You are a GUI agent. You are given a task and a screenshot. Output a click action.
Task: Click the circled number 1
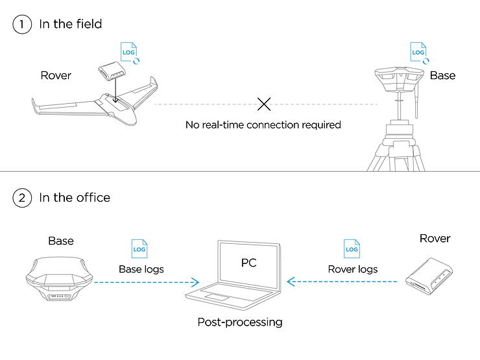tap(22, 24)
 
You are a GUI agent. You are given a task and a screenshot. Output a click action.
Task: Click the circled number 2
tap(22, 198)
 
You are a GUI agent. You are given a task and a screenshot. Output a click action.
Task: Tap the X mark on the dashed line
tap(264, 104)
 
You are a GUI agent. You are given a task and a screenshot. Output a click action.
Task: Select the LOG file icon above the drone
tap(129, 52)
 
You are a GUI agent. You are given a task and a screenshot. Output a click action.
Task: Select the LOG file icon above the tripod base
tap(418, 52)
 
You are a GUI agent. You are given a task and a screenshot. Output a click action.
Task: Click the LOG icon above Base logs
tap(139, 249)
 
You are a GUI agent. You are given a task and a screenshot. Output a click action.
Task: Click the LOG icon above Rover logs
tap(352, 249)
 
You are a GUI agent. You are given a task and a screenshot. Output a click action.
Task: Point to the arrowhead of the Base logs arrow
tap(196, 282)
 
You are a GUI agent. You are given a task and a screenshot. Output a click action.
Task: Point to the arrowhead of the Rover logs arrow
tap(290, 282)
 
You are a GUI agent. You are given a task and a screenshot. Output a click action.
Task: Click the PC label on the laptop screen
tap(248, 263)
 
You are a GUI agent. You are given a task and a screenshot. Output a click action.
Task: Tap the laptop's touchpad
tap(217, 296)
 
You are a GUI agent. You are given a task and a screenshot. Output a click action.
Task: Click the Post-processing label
tap(240, 322)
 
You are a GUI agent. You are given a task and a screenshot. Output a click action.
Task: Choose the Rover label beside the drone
tap(56, 75)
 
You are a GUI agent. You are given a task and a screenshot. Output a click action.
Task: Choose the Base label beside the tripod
tap(442, 75)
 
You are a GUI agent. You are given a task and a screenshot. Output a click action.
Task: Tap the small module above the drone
tap(112, 71)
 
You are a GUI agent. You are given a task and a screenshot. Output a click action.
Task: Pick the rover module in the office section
tap(429, 276)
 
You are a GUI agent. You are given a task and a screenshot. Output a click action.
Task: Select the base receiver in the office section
tap(59, 279)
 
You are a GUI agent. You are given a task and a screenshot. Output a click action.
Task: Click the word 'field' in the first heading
tap(89, 24)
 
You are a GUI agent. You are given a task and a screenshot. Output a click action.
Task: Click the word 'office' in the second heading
tap(93, 197)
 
